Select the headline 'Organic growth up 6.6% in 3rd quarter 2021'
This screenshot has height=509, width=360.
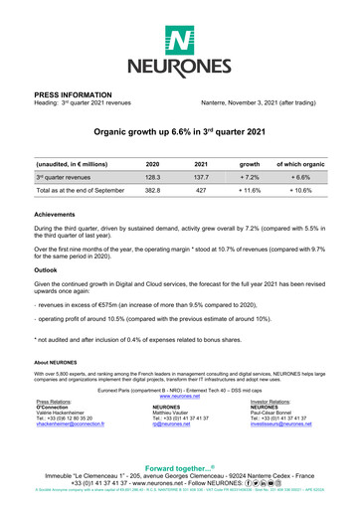click(x=179, y=130)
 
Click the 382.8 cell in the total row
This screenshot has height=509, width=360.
click(x=152, y=188)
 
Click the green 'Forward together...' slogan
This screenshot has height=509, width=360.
click(x=179, y=468)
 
